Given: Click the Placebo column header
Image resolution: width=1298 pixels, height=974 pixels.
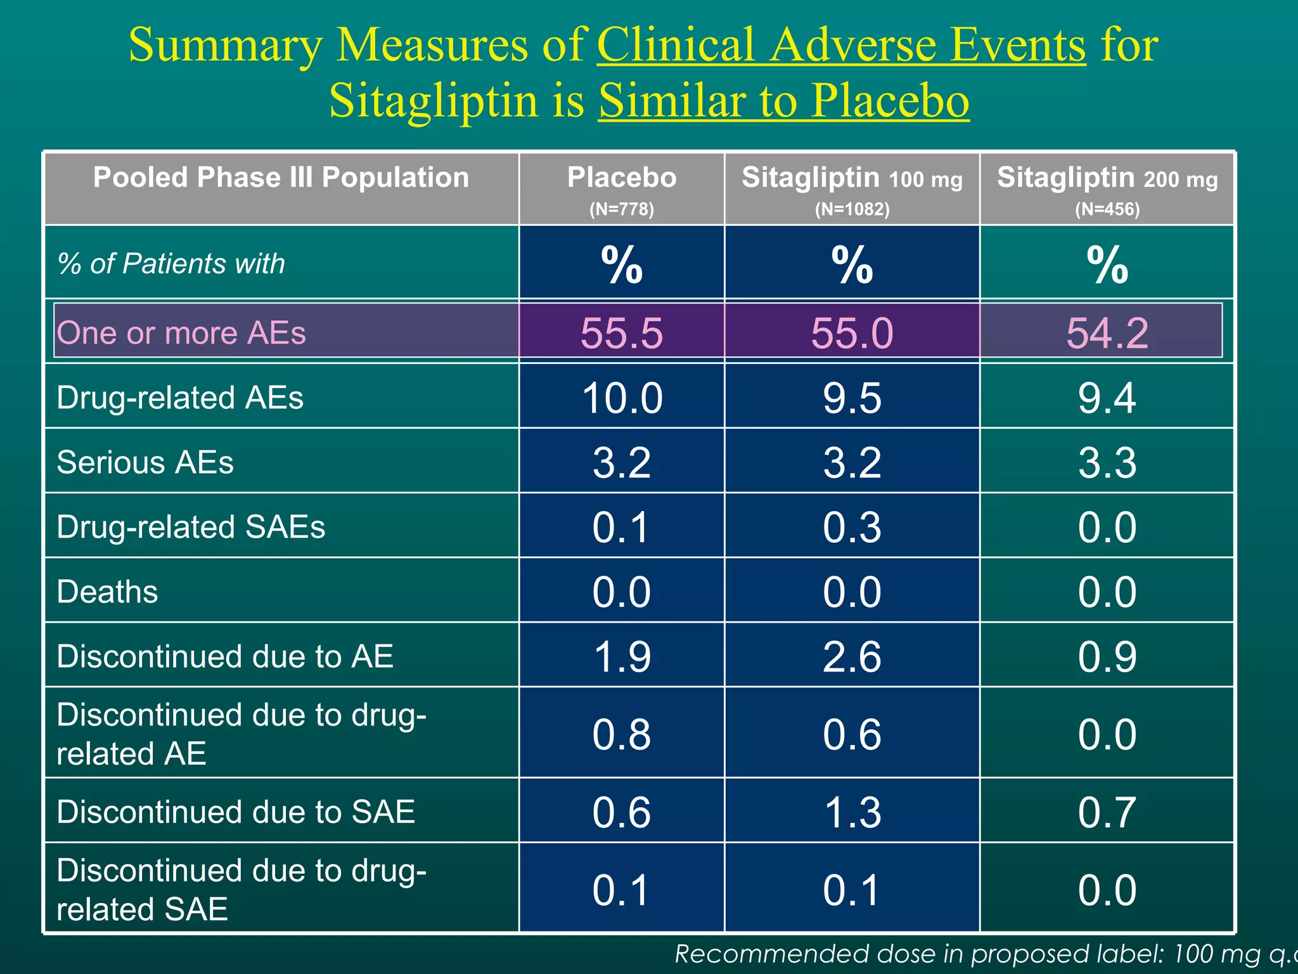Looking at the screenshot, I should tap(621, 178).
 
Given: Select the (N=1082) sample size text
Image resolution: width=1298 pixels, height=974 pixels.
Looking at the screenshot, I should tap(852, 209).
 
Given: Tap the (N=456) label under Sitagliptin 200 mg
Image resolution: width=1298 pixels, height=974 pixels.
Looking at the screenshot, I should tap(1107, 209).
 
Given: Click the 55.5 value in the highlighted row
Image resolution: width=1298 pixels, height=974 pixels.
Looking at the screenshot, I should tap(621, 333).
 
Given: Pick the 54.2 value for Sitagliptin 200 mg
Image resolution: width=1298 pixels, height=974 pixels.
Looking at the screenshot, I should tap(1107, 333).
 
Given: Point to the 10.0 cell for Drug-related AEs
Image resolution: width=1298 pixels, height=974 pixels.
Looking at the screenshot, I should tap(621, 398).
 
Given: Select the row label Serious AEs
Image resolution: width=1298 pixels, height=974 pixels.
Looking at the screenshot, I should tap(145, 462).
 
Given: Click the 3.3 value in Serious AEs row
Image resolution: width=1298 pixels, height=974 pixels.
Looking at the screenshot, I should tap(1107, 463).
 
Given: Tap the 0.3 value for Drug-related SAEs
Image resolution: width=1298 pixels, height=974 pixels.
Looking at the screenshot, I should tap(852, 528).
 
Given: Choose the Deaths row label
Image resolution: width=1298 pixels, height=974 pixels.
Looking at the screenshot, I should tap(107, 592).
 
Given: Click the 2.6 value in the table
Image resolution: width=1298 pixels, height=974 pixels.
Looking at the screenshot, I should tap(852, 657).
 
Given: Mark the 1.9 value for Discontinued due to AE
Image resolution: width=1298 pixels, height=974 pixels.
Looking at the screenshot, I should tap(621, 657).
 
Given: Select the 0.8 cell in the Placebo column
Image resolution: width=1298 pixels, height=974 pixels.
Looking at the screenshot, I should tap(621, 734).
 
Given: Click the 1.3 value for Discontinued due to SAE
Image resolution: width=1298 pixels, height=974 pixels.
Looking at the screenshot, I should tap(852, 812).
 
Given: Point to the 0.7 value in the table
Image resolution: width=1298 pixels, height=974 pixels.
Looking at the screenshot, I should tap(1107, 812).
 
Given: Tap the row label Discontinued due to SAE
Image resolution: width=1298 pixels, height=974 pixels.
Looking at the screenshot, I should tap(236, 812).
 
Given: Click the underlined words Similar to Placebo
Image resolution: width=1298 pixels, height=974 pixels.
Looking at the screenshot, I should tap(783, 100).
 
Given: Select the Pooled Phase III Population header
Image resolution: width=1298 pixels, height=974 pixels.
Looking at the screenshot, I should tap(281, 178).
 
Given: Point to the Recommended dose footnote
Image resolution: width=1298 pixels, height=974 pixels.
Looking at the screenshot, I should tap(982, 954).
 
